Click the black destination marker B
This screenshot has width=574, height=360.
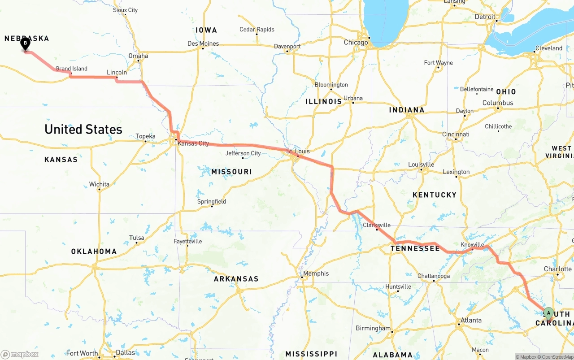coord(26,44)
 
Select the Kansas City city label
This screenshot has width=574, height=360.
coord(193,143)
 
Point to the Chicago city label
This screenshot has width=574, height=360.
coord(356,43)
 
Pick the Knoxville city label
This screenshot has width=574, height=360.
coord(472,245)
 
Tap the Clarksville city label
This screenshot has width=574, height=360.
coord(376,225)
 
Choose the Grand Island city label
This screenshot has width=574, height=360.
coord(71,69)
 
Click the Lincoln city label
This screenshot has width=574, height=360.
coord(117,72)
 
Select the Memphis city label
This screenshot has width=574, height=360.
coord(316,273)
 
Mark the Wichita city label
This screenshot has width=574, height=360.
coord(99,184)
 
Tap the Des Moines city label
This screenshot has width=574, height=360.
coord(203,43)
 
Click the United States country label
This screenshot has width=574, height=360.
coord(83,130)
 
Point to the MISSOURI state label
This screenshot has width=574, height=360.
coord(231,172)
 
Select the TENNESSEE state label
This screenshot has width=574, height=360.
coord(415,248)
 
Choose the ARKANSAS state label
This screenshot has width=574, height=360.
coord(236,279)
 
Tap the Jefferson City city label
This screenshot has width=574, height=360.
coord(243,153)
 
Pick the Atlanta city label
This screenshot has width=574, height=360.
coord(471,320)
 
